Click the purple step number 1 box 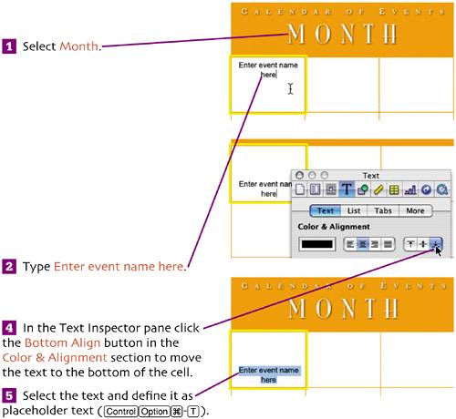pyautogui.click(x=9, y=46)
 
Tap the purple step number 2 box pyautogui.click(x=9, y=267)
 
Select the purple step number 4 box pyautogui.click(x=9, y=328)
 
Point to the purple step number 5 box pyautogui.click(x=9, y=395)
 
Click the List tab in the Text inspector pyautogui.click(x=354, y=210)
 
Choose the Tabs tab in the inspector pyautogui.click(x=383, y=210)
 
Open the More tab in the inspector pyautogui.click(x=415, y=210)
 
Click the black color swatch pyautogui.click(x=317, y=244)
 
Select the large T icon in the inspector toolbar pyautogui.click(x=347, y=189)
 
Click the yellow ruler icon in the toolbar pyautogui.click(x=378, y=190)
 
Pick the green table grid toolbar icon pyautogui.click(x=394, y=190)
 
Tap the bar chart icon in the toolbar pyautogui.click(x=410, y=190)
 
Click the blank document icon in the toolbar pyautogui.click(x=300, y=189)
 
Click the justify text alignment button pyautogui.click(x=388, y=244)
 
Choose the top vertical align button pyautogui.click(x=410, y=244)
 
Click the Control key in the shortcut pyautogui.click(x=121, y=412)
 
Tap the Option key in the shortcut pyautogui.click(x=154, y=412)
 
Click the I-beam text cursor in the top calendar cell pyautogui.click(x=291, y=88)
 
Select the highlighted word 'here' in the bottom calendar pyautogui.click(x=269, y=380)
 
